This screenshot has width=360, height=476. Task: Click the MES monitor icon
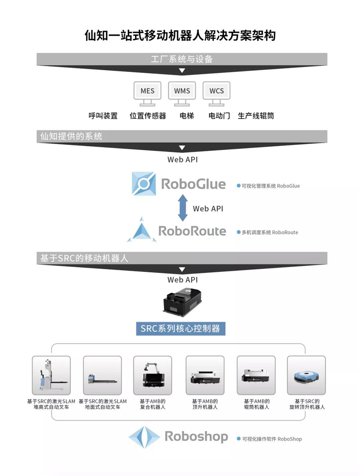pyautogui.click(x=148, y=94)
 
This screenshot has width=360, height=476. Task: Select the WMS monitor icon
pyautogui.click(x=182, y=94)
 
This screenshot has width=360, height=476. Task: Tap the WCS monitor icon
pyautogui.click(x=216, y=94)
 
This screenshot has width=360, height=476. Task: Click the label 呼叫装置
pyautogui.click(x=103, y=116)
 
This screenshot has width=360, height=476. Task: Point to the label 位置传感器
pyautogui.click(x=148, y=116)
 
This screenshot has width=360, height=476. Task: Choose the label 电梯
pyautogui.click(x=186, y=116)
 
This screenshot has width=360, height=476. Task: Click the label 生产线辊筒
pyautogui.click(x=256, y=116)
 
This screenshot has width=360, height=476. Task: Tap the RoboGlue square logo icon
pyautogui.click(x=144, y=184)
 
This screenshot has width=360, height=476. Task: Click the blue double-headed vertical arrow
pyautogui.click(x=183, y=208)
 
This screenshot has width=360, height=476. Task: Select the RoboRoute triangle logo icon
pyautogui.click(x=142, y=230)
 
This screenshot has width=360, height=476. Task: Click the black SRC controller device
pyautogui.click(x=182, y=302)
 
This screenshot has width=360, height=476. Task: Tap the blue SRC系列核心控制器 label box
pyautogui.click(x=181, y=328)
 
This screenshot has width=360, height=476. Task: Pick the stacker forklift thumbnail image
pyautogui.click(x=51, y=375)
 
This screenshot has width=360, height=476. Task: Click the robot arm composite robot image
pyautogui.click(x=153, y=375)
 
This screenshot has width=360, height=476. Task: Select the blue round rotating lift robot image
pyautogui.click(x=306, y=375)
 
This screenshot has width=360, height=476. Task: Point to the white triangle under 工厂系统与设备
pyautogui.click(x=182, y=71)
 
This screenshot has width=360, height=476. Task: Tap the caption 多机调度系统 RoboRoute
pyautogui.click(x=270, y=232)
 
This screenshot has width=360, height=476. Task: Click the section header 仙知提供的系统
pyautogui.click(x=71, y=136)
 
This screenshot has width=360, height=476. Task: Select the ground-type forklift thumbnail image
pyautogui.click(x=102, y=375)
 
